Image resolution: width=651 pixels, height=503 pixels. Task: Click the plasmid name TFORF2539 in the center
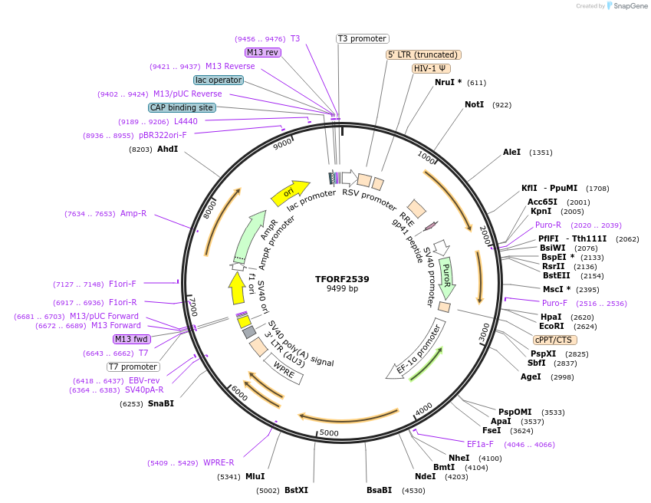pyautogui.click(x=342, y=279)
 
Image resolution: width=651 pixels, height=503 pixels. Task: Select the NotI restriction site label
pyautogui.click(x=474, y=104)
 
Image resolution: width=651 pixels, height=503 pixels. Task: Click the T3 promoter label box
pyautogui.click(x=363, y=38)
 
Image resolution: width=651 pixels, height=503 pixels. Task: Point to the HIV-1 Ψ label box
pyautogui.click(x=431, y=68)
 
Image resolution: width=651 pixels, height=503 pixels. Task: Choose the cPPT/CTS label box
pyautogui.click(x=555, y=340)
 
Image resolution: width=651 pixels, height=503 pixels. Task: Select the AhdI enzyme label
pyautogui.click(x=167, y=149)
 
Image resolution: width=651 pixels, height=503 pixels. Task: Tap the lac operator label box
pyautogui.click(x=219, y=80)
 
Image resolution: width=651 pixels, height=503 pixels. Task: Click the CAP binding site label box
pyautogui.click(x=182, y=108)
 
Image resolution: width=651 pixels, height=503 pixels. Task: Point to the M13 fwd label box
pyautogui.click(x=131, y=339)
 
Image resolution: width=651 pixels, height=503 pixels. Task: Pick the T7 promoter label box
pyautogui.click(x=133, y=367)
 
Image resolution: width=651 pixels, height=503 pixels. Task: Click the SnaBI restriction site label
pyautogui.click(x=161, y=403)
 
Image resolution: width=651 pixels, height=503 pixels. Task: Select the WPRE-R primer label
pyautogui.click(x=219, y=462)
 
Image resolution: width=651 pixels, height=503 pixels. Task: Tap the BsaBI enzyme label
pyautogui.click(x=379, y=489)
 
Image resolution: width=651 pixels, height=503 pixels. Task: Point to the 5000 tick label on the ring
pyautogui.click(x=329, y=433)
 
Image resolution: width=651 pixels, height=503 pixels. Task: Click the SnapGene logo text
pyautogui.click(x=626, y=6)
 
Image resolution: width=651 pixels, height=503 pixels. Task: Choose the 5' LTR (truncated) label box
pyautogui.click(x=422, y=54)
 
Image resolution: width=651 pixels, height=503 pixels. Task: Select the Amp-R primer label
pyautogui.click(x=133, y=213)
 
